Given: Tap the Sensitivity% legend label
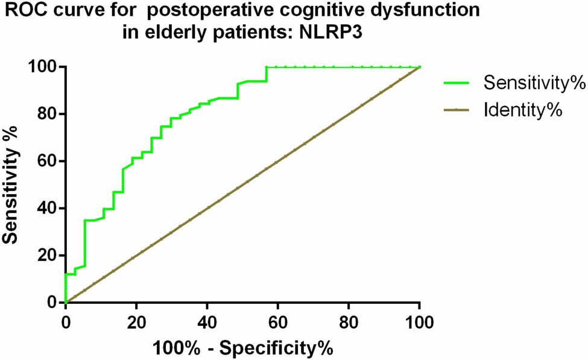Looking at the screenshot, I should [534, 83].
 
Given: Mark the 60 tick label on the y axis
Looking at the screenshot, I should [48, 161].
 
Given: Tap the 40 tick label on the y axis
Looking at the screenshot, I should [48, 208].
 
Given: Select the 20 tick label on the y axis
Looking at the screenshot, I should [48, 255].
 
